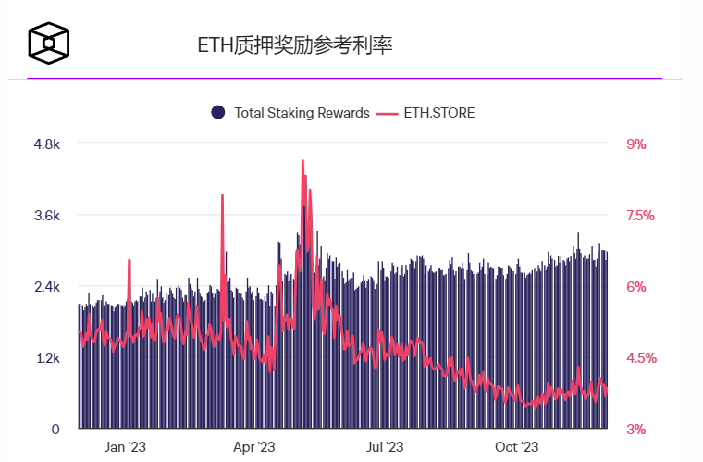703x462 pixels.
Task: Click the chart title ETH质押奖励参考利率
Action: point(295,45)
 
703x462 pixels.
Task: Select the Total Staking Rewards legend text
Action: point(302,113)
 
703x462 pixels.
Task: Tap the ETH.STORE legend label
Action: point(439,113)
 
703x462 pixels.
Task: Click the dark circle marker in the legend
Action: point(218,112)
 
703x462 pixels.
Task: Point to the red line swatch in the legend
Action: point(388,113)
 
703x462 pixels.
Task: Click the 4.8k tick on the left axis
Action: point(47,144)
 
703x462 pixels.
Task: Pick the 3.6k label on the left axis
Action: point(47,216)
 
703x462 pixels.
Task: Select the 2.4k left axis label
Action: point(47,287)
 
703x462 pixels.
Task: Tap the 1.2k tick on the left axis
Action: point(47,358)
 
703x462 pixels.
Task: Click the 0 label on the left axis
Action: point(55,430)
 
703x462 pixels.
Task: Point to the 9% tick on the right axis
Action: point(636,144)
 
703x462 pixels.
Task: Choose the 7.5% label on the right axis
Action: point(640,216)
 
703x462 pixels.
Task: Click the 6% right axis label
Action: point(636,287)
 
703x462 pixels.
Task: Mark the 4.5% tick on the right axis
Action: point(640,358)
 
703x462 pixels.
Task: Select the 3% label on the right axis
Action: point(636,430)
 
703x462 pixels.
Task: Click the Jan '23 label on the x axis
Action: point(125,447)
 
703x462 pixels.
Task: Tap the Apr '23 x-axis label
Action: point(255,447)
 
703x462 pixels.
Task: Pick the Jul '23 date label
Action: point(385,447)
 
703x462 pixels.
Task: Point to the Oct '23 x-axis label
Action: point(516,447)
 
